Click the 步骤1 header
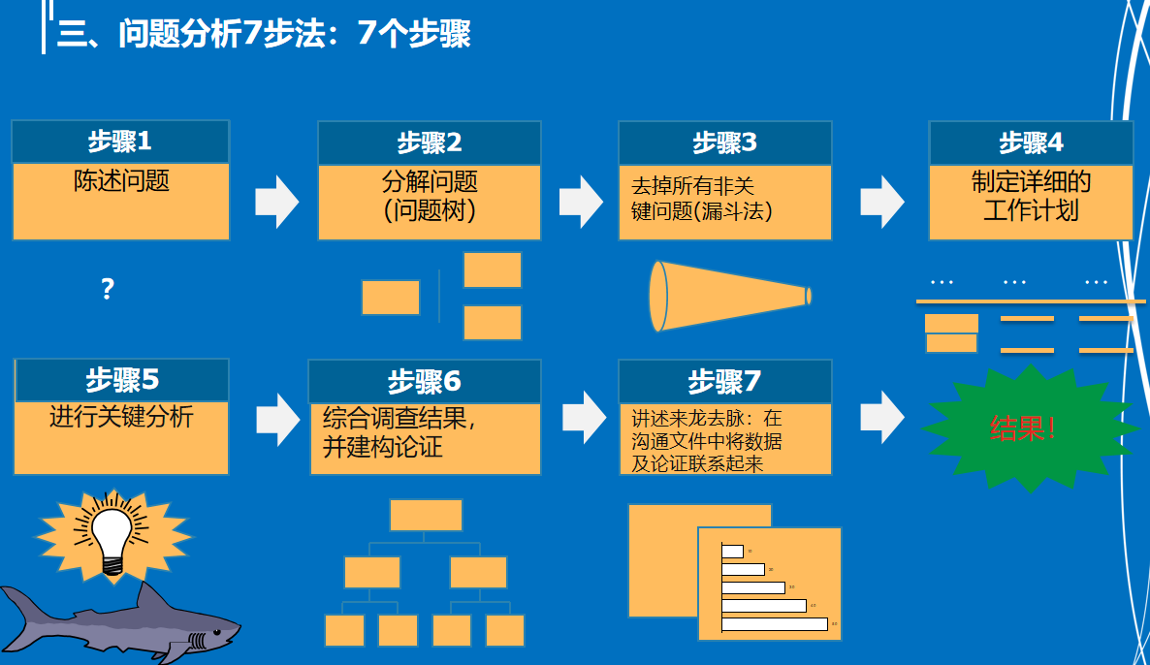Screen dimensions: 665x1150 pos(120,142)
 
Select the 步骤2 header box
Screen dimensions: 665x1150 pos(429,142)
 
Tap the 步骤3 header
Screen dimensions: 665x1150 pos(724,142)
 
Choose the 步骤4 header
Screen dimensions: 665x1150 pos(1031,142)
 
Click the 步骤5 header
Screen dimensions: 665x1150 pos(121,379)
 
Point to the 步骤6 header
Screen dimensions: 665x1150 pos(425,381)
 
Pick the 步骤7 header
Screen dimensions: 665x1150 pos(724,381)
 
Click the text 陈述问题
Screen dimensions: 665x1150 pos(121,181)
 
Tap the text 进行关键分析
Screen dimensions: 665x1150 pos(121,417)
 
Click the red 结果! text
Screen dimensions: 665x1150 pos(1023,427)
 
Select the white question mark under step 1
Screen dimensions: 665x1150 pos(108,289)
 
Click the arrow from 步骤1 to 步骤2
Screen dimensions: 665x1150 pos(276,202)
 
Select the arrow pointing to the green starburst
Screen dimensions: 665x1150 pos(881,417)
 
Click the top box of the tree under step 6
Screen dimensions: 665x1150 pos(426,515)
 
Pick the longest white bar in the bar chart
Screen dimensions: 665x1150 pos(775,624)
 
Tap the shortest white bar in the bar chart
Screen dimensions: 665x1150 pos(733,552)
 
